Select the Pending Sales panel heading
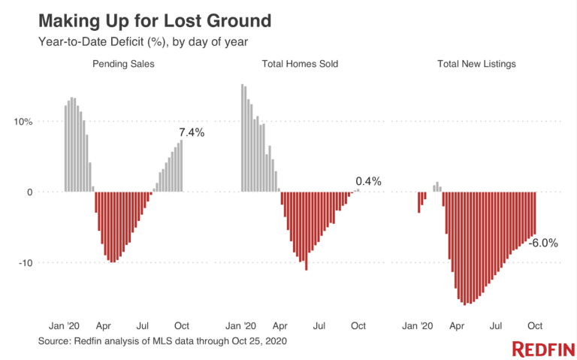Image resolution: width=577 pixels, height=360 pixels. [123, 64]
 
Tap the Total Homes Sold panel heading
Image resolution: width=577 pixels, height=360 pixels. [300, 64]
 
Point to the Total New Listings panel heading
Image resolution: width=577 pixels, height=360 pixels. [476, 64]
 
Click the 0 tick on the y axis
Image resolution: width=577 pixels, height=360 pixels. [30, 192]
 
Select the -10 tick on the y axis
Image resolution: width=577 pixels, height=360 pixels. [25, 263]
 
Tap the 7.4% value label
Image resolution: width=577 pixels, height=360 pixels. [190, 132]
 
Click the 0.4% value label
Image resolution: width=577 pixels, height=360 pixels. [368, 181]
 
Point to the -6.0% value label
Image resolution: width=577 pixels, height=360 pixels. [543, 243]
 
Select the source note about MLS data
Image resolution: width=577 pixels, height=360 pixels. [162, 341]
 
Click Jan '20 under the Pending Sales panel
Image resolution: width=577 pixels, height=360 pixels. [65, 326]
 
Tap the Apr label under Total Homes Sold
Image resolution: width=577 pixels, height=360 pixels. [280, 326]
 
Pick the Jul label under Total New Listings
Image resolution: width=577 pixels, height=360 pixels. [496, 326]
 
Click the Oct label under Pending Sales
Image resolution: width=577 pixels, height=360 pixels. [181, 326]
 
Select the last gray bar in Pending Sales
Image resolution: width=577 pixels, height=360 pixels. [181, 166]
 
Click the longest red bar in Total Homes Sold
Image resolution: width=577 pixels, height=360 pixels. [306, 231]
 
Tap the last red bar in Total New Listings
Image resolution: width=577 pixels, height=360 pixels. [535, 214]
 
